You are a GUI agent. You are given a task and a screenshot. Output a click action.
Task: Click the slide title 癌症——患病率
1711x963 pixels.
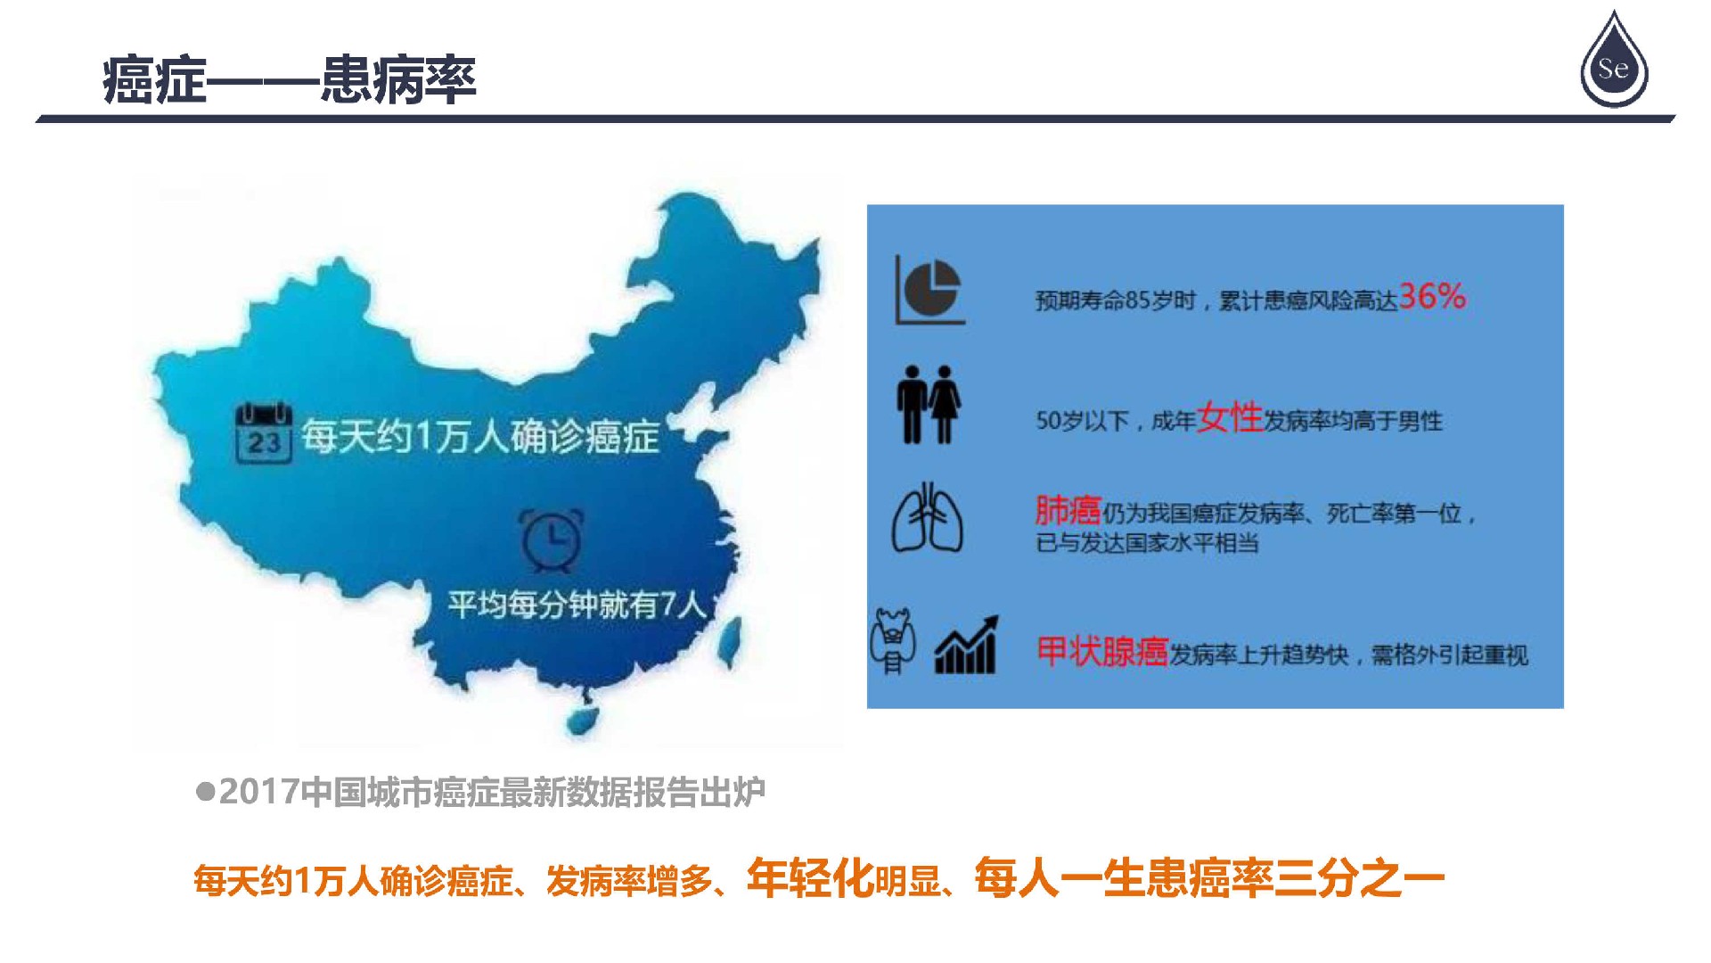[290, 80]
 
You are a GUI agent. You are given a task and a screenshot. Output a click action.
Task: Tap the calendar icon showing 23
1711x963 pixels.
[264, 432]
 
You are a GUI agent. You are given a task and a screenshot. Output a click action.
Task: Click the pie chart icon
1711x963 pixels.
[929, 290]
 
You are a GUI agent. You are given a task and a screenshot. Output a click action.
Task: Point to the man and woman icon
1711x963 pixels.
[929, 405]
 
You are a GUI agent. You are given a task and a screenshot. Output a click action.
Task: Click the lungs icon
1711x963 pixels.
[928, 518]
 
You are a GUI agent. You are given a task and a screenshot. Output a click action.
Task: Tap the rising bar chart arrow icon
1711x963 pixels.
[967, 644]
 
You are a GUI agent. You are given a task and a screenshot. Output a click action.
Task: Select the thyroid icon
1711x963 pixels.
[893, 640]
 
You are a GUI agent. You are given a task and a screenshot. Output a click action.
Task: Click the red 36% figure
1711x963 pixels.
[1432, 296]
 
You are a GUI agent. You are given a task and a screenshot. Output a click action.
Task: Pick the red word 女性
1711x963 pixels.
[1230, 416]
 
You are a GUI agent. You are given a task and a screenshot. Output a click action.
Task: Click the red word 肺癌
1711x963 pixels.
[1068, 511]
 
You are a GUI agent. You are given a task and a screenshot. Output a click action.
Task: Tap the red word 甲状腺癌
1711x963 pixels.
[1102, 652]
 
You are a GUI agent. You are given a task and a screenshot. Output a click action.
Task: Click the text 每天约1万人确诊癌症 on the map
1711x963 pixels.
[480, 436]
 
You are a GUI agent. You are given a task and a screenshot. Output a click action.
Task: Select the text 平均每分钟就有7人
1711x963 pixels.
[577, 605]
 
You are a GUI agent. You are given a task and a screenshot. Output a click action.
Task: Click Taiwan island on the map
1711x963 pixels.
[731, 642]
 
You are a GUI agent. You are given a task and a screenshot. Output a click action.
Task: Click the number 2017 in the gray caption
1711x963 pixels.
[258, 792]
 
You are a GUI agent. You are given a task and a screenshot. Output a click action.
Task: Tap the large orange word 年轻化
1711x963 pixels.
[811, 878]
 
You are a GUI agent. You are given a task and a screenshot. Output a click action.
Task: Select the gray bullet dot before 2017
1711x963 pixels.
[206, 792]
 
